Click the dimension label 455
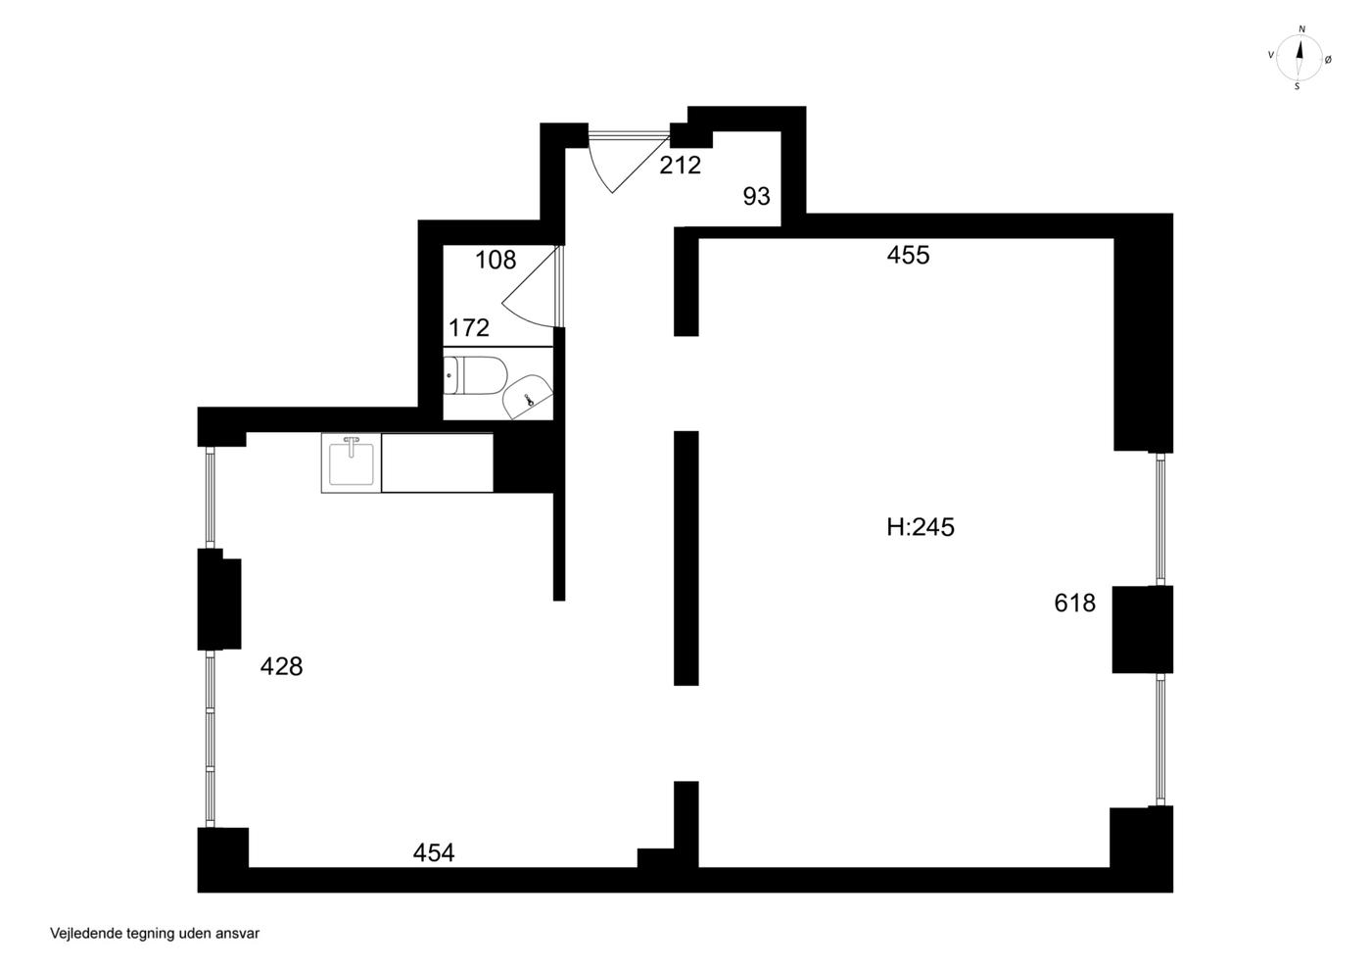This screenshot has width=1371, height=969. coord(909,255)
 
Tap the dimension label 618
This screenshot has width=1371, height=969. coord(1075,604)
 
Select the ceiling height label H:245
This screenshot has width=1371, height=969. coord(921,527)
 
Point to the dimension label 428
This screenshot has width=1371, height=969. coord(282,666)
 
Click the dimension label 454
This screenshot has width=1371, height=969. coord(434,852)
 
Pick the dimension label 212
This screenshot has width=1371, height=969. coord(680,166)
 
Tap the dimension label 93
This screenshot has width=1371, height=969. coord(756,197)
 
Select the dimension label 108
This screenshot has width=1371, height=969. coord(496,261)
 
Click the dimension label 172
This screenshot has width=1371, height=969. coord(469,328)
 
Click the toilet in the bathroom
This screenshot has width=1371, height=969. coord(476,375)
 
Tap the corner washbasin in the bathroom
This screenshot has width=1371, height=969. coord(528,397)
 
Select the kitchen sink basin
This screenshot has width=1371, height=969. coord(351,464)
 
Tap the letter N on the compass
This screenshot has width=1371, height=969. coord(1301,29)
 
